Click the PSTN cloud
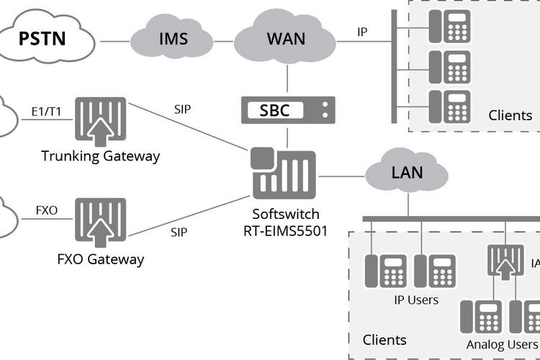point(47,37)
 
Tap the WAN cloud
point(285,37)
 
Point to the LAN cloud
point(407,171)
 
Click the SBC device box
point(288,110)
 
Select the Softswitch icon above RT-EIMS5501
point(283,173)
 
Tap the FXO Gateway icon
point(101,222)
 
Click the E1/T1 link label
point(46,112)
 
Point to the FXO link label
point(47,210)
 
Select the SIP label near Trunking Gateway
point(183,109)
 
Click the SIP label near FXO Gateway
point(179,232)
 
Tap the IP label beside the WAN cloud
point(362,32)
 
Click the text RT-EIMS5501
point(286,231)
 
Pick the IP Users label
point(416,300)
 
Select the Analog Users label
point(502,344)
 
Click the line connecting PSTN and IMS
point(115,41)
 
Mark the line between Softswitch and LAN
point(341,176)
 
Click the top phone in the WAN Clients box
point(449,26)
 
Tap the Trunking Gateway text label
point(101,156)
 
